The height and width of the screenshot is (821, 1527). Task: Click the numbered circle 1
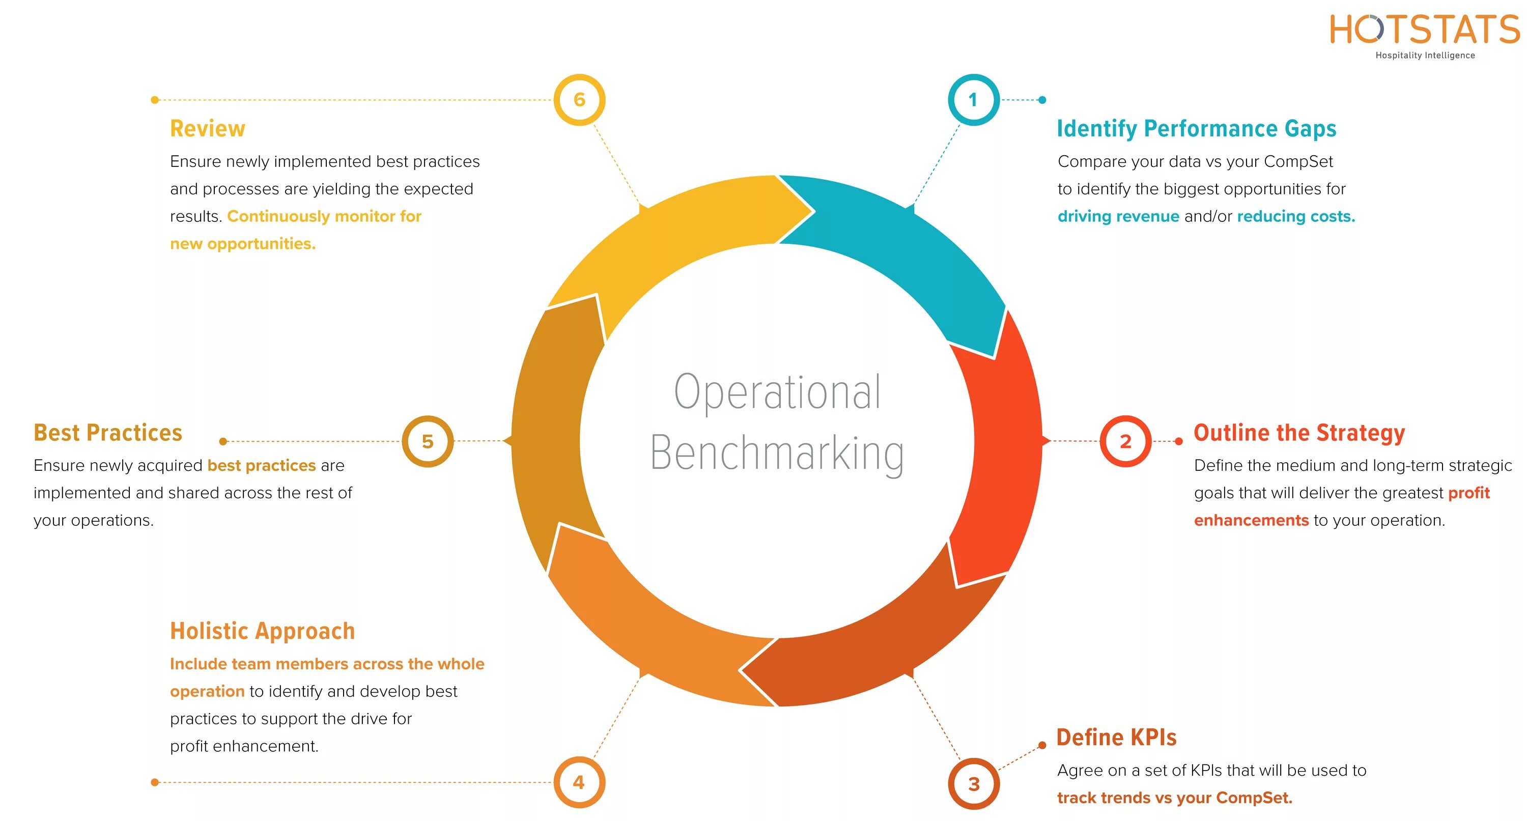[x=973, y=100]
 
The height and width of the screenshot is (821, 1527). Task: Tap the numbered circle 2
[x=1125, y=441]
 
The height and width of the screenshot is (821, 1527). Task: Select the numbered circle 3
[x=973, y=784]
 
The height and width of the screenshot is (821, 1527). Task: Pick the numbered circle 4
[x=579, y=782]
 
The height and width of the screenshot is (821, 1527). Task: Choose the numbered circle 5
[x=428, y=441]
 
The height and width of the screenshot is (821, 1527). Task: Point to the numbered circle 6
[x=579, y=100]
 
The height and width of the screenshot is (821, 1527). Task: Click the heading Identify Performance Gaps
[x=1196, y=129]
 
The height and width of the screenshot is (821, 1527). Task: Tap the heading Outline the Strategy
[x=1299, y=433]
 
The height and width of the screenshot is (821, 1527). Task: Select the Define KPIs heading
[x=1116, y=738]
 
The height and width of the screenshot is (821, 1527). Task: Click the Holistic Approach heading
[x=262, y=631]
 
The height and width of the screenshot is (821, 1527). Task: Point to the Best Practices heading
[x=108, y=433]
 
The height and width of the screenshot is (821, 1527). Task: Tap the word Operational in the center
[x=777, y=392]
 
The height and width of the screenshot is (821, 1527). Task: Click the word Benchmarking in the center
[x=777, y=454]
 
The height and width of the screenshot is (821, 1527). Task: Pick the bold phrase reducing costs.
[x=1296, y=216]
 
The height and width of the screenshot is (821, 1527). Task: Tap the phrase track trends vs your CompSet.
[x=1174, y=798]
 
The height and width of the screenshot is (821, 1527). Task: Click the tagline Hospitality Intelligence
[x=1425, y=55]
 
